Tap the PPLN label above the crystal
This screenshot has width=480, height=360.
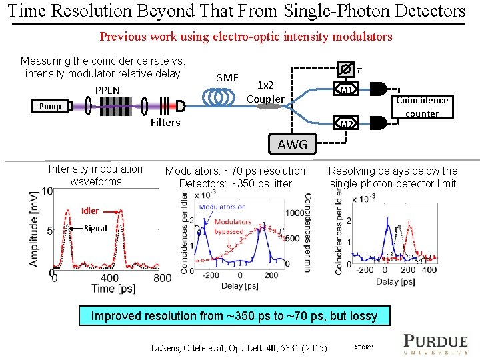(107, 90)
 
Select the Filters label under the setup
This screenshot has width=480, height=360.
(165, 122)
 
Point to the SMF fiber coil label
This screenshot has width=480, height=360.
(227, 78)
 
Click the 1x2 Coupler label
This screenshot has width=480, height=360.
(265, 92)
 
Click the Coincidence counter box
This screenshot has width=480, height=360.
(422, 107)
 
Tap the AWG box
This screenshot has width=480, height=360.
(292, 144)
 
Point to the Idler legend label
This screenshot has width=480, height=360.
(90, 211)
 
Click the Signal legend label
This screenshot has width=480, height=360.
(95, 228)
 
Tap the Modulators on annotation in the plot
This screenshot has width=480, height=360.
(223, 207)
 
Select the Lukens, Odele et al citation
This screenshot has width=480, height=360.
(239, 347)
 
